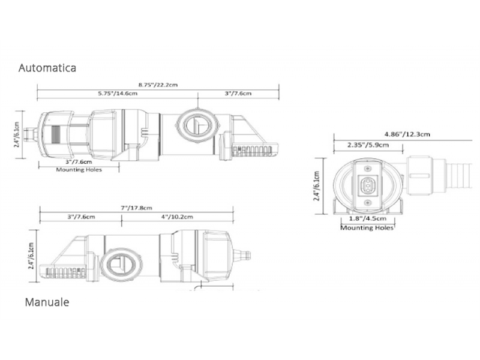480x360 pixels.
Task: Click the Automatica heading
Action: coord(47,68)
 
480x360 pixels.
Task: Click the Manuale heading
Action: coord(47,302)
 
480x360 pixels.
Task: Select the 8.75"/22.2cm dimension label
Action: coord(158,85)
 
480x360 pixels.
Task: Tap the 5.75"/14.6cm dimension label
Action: coord(118,94)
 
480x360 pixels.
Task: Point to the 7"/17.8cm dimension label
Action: coord(137,208)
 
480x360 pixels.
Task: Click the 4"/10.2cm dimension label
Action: coord(177,217)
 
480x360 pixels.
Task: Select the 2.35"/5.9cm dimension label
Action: coord(368,145)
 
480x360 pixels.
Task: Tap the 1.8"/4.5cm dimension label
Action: coord(368,218)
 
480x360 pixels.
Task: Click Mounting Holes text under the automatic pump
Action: coord(79,170)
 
